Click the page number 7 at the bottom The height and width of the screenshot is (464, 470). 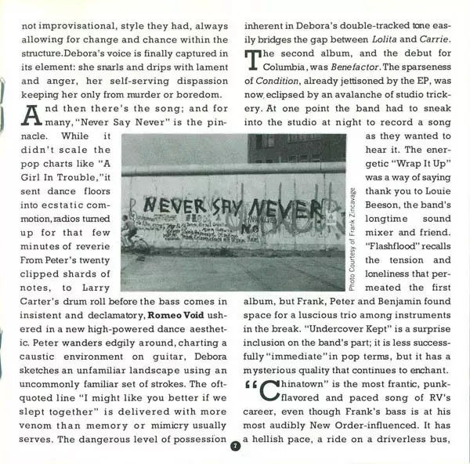point(235,447)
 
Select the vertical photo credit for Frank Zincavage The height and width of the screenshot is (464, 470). point(352,238)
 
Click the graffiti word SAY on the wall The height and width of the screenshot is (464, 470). point(217,207)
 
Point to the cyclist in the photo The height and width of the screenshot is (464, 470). point(130,233)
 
